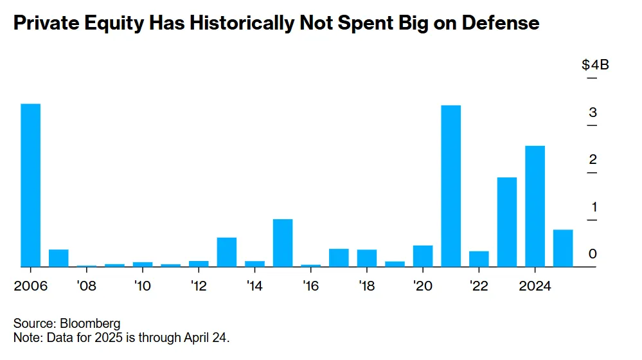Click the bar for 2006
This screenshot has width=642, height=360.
[31, 185]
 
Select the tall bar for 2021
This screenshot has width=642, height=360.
[451, 186]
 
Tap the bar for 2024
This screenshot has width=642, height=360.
[535, 206]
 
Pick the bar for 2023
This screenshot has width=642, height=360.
[507, 222]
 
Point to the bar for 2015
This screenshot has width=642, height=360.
[283, 242]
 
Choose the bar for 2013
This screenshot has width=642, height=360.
[227, 252]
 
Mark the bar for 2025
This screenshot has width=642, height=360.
[563, 248]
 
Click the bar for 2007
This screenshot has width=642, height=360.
[58, 258]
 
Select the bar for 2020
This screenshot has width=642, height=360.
[423, 256]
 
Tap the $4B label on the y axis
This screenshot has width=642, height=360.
[596, 65]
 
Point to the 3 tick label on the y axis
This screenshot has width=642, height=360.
[593, 113]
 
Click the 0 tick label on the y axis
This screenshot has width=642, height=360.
[593, 255]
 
